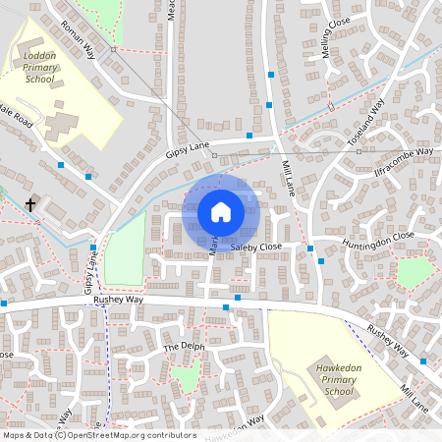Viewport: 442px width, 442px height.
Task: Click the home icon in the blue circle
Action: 221,211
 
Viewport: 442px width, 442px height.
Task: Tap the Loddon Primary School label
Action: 40,68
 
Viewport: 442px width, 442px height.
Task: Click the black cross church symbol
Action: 30,205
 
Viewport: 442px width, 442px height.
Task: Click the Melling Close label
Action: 336,63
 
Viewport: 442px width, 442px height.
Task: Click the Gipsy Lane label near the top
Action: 188,148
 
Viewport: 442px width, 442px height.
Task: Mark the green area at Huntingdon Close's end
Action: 414,272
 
